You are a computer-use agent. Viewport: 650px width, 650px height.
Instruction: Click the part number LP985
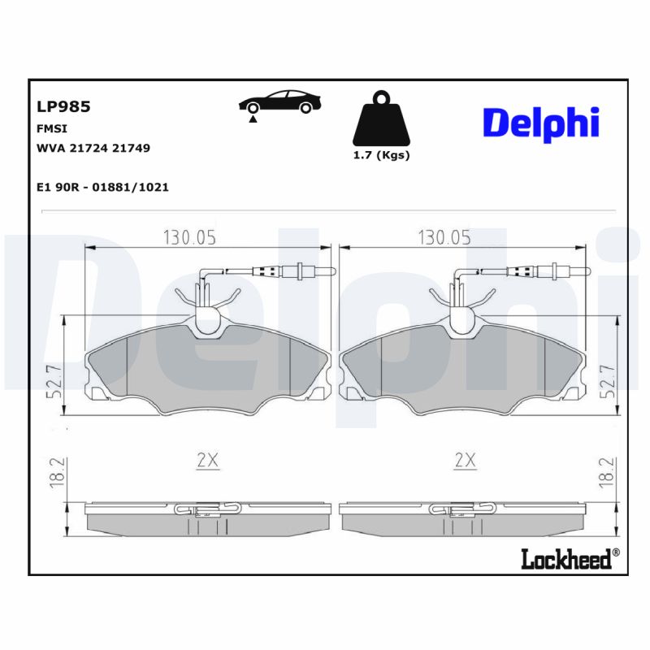pos(63,106)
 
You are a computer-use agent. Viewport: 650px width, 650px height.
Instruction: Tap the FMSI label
pos(52,128)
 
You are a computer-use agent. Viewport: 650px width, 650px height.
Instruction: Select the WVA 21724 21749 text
pos(93,148)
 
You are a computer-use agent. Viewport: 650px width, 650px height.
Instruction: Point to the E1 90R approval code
pos(102,187)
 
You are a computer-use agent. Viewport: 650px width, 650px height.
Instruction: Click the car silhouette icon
pos(279,102)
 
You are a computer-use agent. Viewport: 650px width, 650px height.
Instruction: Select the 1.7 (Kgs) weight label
pos(381,155)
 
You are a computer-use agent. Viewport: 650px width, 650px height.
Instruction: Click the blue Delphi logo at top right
pos(541,123)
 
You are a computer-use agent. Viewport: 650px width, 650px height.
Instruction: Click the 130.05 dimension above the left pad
pos(190,237)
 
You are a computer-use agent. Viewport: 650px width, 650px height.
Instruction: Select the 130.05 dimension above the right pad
pos(444,237)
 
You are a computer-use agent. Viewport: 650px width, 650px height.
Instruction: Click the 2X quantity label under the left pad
pos(208,461)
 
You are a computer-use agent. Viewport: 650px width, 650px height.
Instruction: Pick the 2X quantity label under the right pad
pos(464,461)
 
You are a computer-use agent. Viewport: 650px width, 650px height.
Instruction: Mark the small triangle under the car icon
pos(253,119)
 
